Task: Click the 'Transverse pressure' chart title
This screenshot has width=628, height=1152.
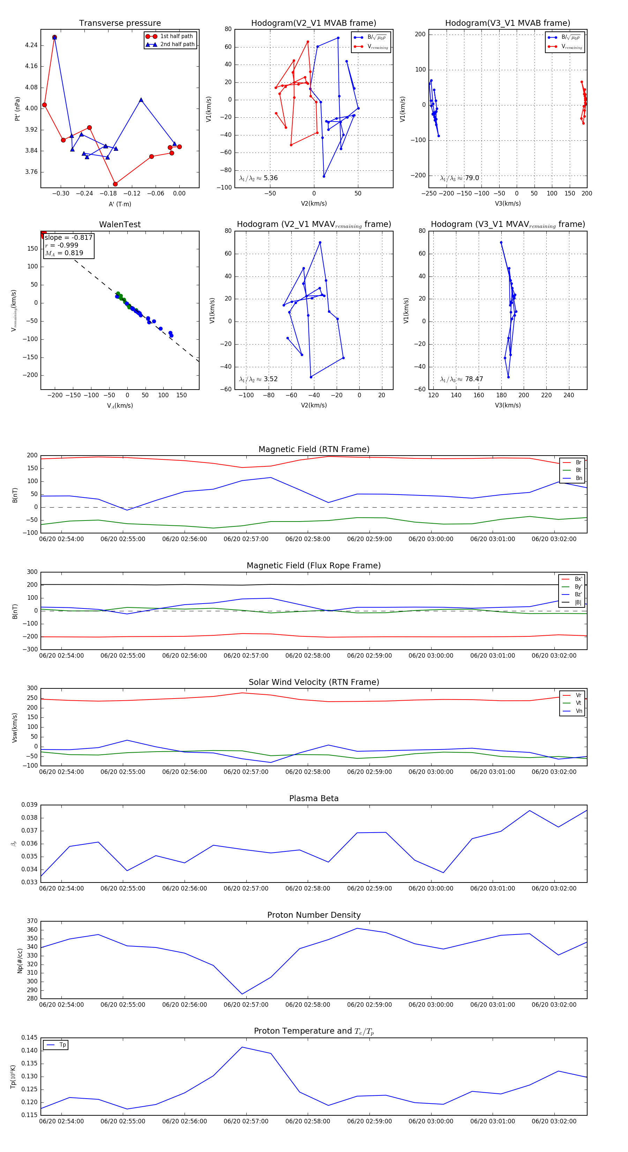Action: coord(120,23)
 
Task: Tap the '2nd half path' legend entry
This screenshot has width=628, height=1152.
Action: coord(177,44)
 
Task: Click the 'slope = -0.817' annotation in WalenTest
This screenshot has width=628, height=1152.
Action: coord(68,237)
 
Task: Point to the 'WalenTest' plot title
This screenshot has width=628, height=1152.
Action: coord(120,224)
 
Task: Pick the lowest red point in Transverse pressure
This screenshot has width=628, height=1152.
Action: coord(115,184)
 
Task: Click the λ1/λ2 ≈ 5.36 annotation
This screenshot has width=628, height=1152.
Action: coord(258,178)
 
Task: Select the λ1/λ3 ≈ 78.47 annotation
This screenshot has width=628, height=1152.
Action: coord(461,379)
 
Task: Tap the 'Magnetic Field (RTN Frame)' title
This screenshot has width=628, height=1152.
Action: coord(314,449)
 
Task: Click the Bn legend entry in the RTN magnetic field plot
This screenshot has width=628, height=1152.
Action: coord(578,478)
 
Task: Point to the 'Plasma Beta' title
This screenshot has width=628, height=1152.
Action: coord(314,798)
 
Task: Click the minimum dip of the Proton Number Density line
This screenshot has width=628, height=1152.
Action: coord(242,994)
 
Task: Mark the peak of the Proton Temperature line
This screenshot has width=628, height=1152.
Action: coord(242,1047)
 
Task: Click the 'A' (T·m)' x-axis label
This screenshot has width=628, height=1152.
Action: coord(120,204)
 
